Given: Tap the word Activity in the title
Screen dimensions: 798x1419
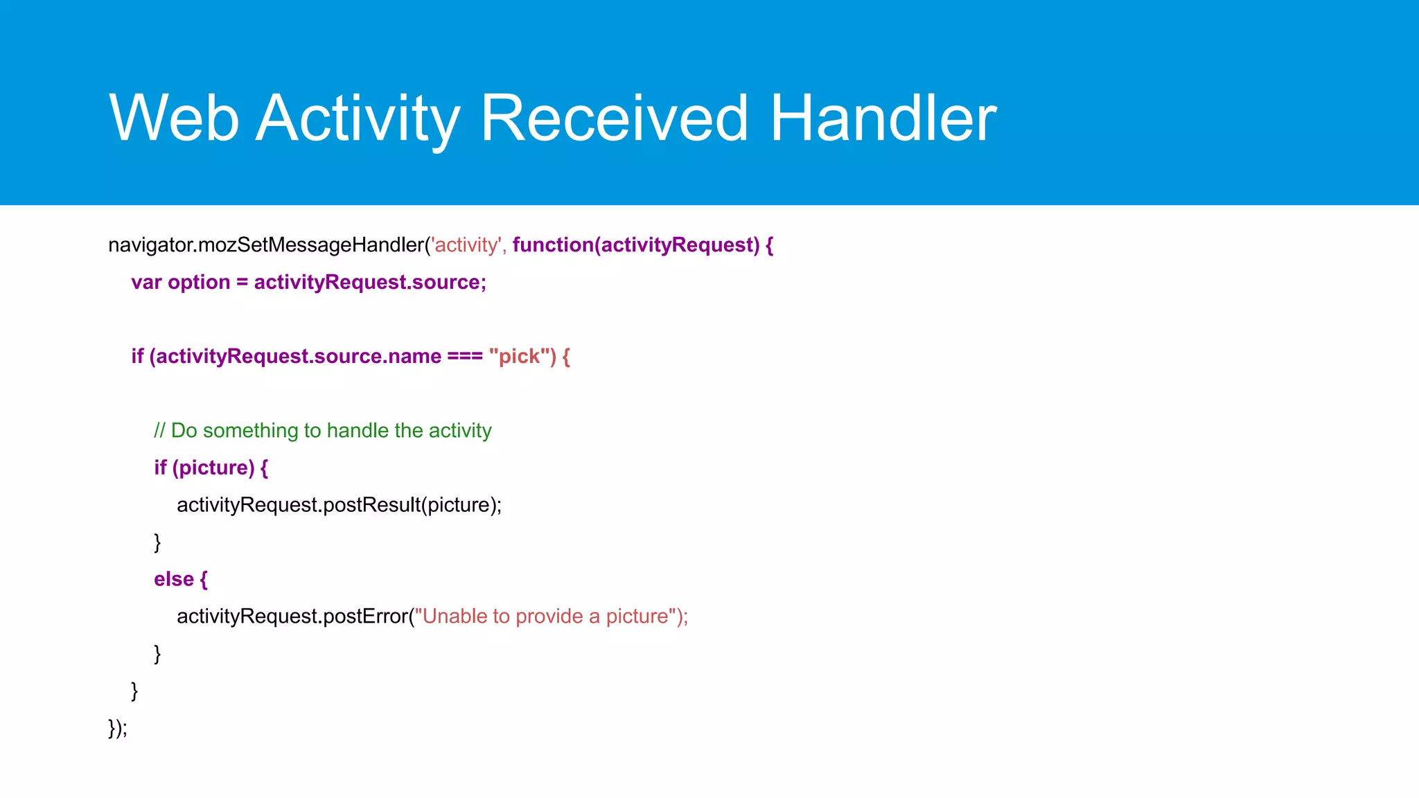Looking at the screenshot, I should [x=358, y=119].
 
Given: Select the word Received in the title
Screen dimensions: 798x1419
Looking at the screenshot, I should [x=614, y=119].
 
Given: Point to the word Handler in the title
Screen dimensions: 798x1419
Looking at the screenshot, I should [x=883, y=119].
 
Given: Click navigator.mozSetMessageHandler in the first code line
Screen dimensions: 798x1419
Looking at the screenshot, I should [x=267, y=245].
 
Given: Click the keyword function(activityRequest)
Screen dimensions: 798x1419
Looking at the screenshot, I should [x=635, y=245].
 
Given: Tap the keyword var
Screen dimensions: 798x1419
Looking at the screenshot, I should [x=146, y=283].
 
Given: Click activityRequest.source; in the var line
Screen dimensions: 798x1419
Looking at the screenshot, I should [x=370, y=283].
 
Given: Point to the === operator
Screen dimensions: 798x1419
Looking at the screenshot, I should [x=464, y=357].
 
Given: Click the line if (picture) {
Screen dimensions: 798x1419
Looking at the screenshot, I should [x=211, y=468].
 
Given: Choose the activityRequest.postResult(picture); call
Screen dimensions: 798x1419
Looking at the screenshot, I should [x=339, y=505].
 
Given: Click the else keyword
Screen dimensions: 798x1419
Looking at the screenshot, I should [x=173, y=579].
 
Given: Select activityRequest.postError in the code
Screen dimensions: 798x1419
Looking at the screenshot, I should [x=292, y=617].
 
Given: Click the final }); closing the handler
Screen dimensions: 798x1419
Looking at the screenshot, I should [x=118, y=728].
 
